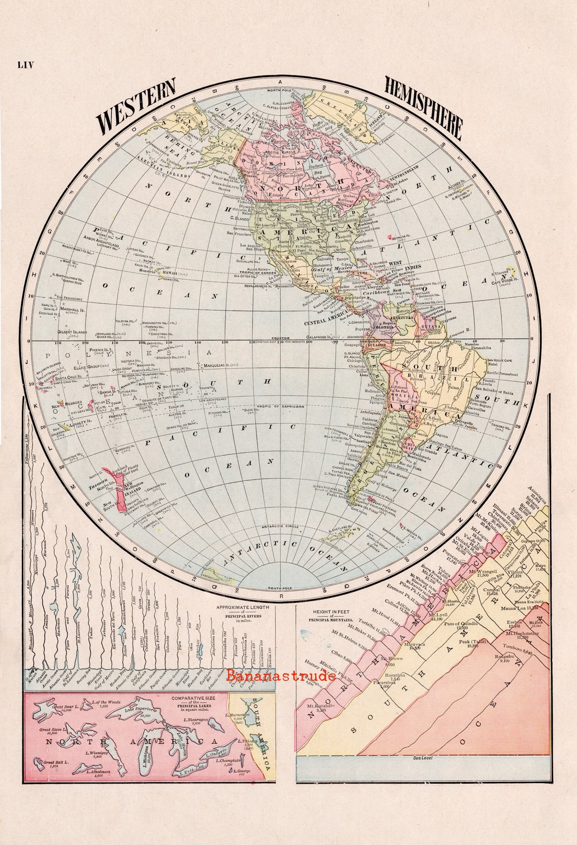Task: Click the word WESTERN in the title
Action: click(136, 105)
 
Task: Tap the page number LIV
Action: click(25, 65)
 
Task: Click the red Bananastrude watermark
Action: click(281, 675)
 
